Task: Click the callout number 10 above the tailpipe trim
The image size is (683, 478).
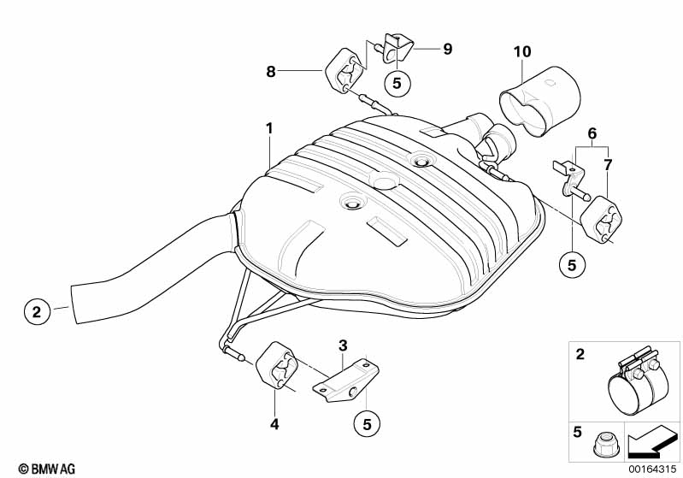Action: pyautogui.click(x=522, y=52)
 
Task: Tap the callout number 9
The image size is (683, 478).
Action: pyautogui.click(x=448, y=49)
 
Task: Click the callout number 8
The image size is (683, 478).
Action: pyautogui.click(x=271, y=72)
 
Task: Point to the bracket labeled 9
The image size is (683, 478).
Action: pyautogui.click(x=397, y=48)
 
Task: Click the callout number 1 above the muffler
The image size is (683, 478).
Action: pyautogui.click(x=269, y=128)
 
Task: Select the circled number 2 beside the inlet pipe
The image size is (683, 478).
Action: pyautogui.click(x=37, y=311)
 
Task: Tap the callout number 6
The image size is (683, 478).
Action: pyautogui.click(x=592, y=133)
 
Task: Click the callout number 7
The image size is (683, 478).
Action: pyautogui.click(x=608, y=165)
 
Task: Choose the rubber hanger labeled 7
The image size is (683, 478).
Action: pyautogui.click(x=601, y=220)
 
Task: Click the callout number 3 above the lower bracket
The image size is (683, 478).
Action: pyautogui.click(x=344, y=345)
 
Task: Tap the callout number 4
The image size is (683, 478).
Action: pyautogui.click(x=274, y=423)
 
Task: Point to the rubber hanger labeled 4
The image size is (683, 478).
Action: pyautogui.click(x=276, y=365)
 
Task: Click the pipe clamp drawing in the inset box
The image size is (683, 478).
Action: pyautogui.click(x=638, y=382)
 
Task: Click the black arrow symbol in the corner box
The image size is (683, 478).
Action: pyautogui.click(x=651, y=441)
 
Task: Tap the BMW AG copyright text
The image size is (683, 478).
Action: pyautogui.click(x=47, y=469)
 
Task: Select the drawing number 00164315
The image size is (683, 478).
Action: pyautogui.click(x=652, y=469)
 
